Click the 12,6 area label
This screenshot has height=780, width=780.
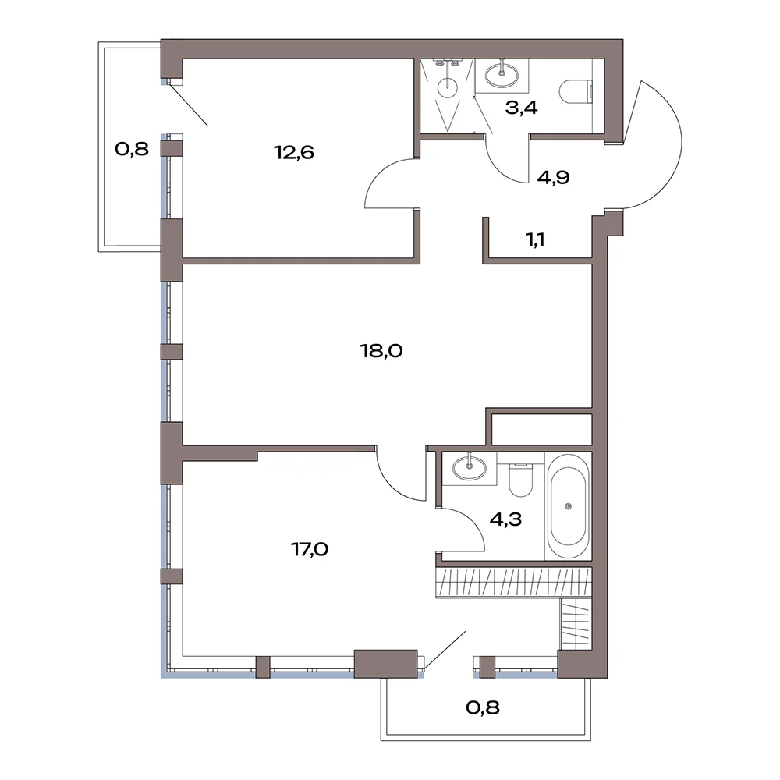294,152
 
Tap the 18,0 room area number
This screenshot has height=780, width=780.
381,351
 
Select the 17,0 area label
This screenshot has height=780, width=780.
310,549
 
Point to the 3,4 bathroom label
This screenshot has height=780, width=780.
521,107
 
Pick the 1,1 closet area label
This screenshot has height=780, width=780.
535,239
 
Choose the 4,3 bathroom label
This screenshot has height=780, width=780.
505,519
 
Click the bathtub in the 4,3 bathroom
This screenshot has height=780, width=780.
569,506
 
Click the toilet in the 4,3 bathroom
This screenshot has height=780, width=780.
521,480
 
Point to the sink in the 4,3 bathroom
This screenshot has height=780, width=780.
469,467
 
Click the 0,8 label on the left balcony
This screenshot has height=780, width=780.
132,148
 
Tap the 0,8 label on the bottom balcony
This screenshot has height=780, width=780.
483,707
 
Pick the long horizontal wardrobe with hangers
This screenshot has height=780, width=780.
514,582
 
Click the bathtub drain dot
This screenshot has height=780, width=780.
569,506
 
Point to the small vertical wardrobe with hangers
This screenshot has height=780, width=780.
576,624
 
